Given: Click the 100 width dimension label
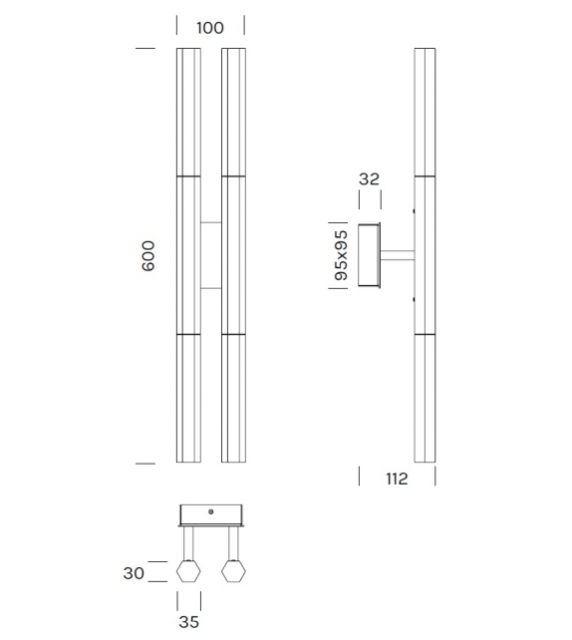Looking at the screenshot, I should tap(210, 28).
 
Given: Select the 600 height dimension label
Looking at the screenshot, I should tap(148, 257).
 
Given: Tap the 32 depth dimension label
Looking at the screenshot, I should tap(369, 180).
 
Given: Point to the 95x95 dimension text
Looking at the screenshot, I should tap(341, 255).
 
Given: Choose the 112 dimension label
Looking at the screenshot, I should tap(396, 480).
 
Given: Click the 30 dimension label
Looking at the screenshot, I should tap(135, 572).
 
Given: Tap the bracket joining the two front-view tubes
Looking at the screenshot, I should tap(210, 255).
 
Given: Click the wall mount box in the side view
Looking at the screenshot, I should tap(369, 255).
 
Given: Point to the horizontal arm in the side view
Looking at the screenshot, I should tap(397, 255).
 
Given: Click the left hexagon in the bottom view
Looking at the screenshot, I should tap(188, 571).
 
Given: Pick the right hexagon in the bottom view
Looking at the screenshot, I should tap(234, 571).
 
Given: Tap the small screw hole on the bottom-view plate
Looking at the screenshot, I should tap(211, 510).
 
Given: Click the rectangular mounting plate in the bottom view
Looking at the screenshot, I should tap(211, 514).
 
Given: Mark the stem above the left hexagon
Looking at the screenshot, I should tap(188, 542).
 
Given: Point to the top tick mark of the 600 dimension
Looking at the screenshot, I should tap(145, 48).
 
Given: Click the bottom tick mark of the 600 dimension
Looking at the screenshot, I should tap(145, 464).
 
